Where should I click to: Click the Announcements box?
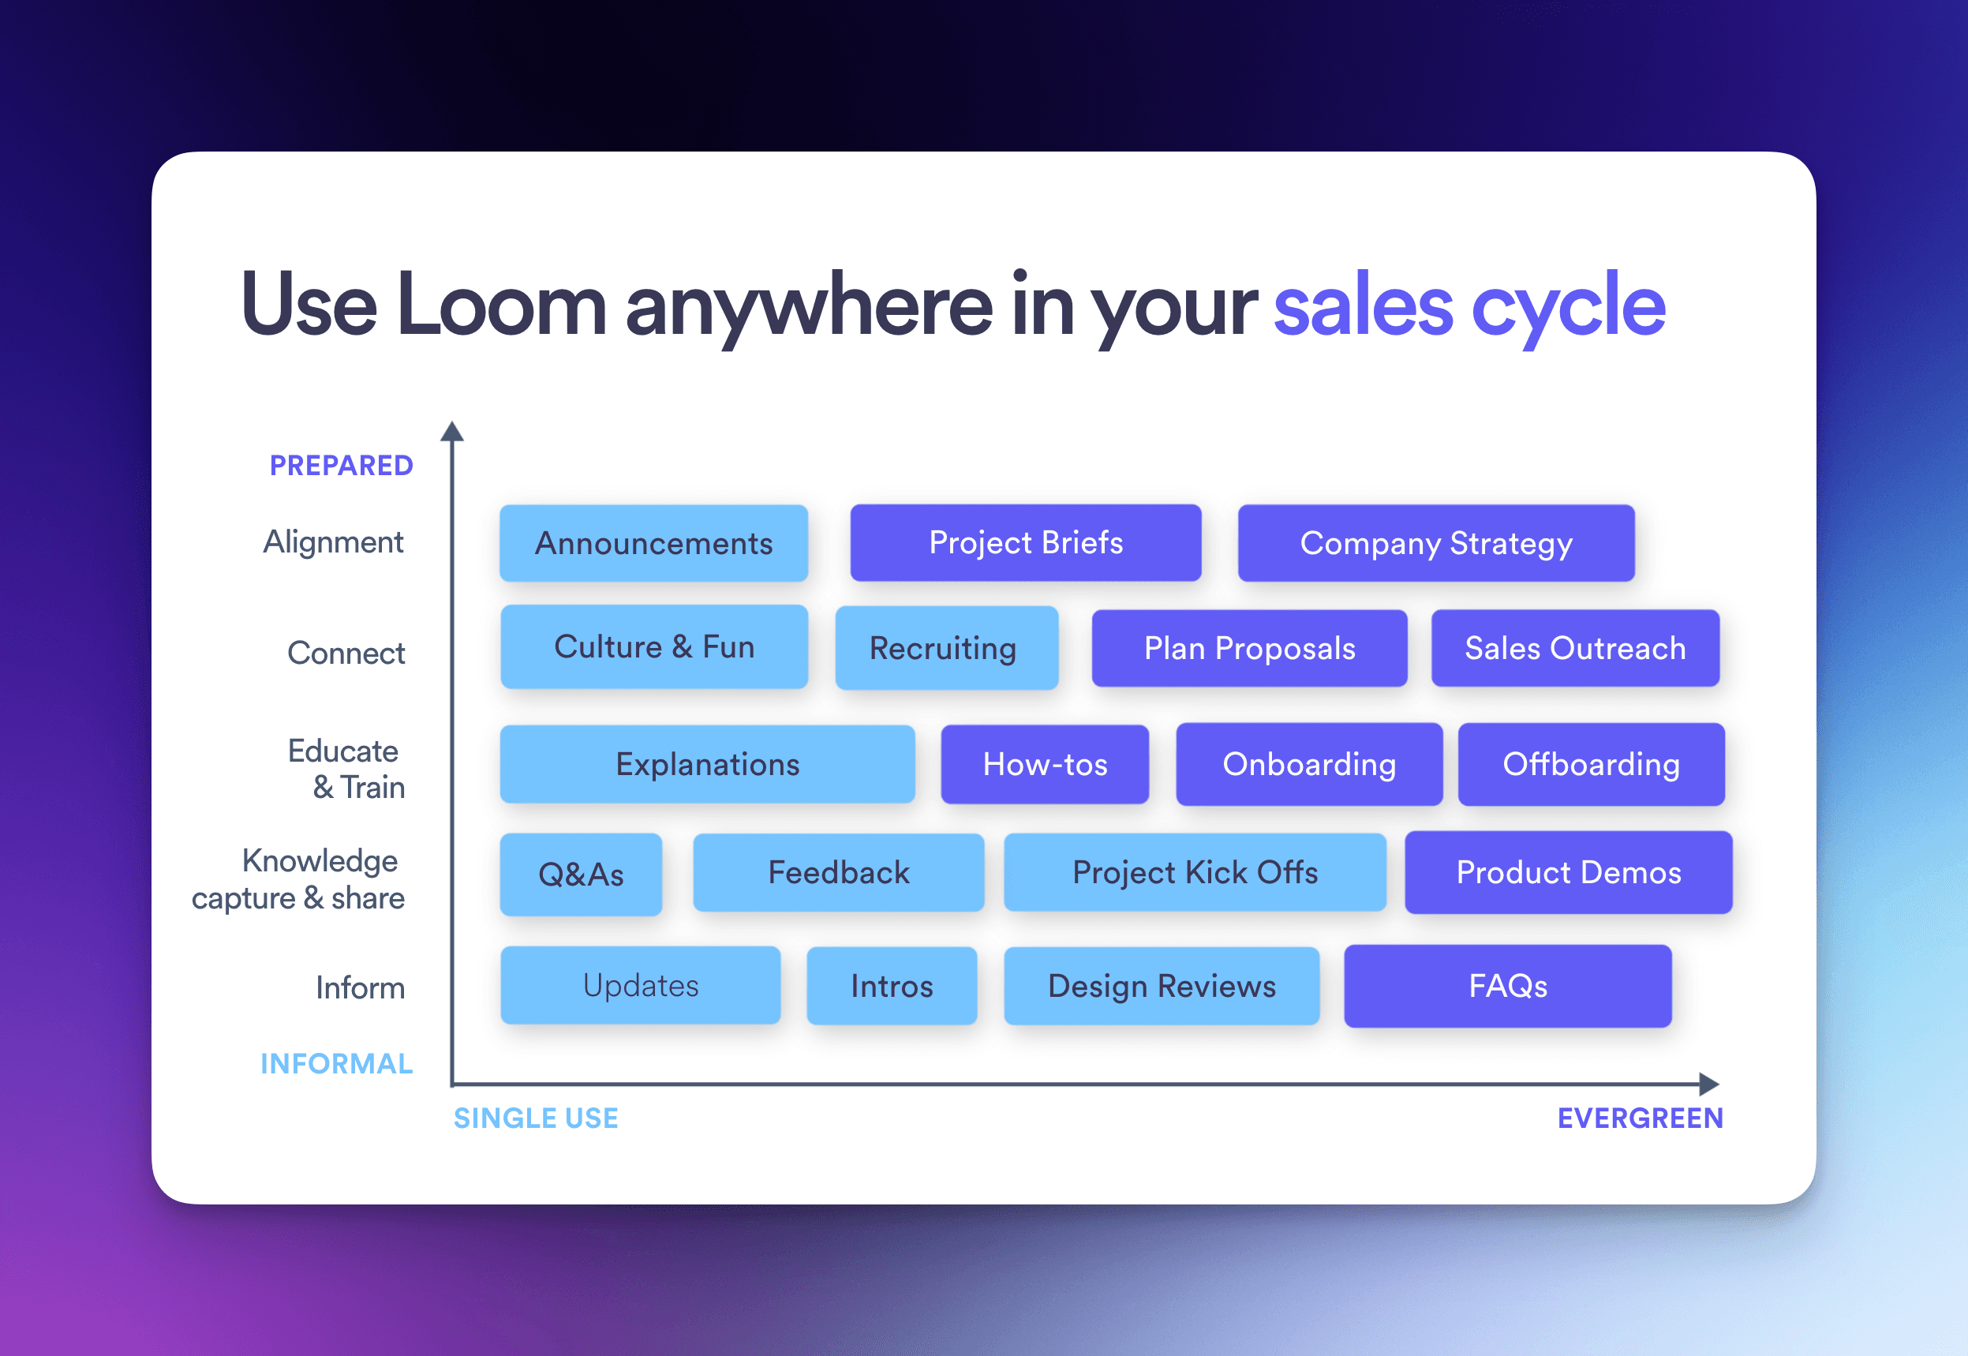coord(653,543)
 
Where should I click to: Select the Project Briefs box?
coord(1025,543)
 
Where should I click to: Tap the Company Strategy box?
coord(1435,543)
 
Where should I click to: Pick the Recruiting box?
coord(946,647)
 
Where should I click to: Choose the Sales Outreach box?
coord(1575,647)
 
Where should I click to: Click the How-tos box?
coord(1045,764)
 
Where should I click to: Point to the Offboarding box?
coord(1591,764)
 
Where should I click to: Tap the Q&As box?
coord(581,875)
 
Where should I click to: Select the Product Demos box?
coord(1568,873)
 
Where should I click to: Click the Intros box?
coord(892,986)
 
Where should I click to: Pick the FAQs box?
coord(1508,986)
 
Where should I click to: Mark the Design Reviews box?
coord(1161,986)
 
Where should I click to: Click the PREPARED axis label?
coord(342,466)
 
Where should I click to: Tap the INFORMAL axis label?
coord(336,1064)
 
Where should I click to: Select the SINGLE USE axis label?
coord(536,1118)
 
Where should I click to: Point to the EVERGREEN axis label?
coord(1641,1118)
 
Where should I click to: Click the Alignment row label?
coord(333,542)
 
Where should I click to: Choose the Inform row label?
coord(360,988)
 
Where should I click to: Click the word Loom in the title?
coord(501,304)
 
